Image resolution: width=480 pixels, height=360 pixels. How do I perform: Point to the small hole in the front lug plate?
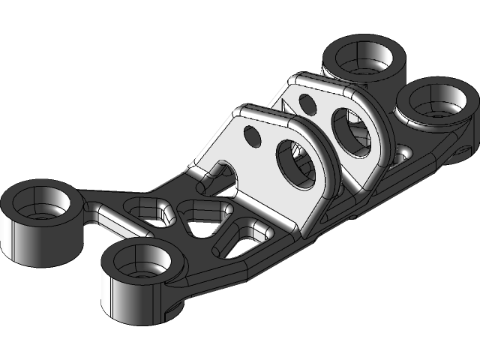252,136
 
